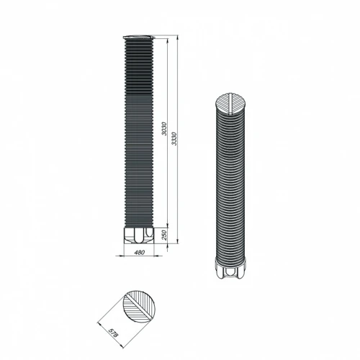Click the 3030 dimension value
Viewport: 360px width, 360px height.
[164, 129]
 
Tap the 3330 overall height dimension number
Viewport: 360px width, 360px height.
[174, 139]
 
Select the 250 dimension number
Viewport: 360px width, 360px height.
[164, 235]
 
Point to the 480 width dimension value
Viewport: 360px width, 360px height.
[140, 252]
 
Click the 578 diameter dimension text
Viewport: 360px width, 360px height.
[113, 333]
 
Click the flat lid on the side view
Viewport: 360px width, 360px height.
[138, 37]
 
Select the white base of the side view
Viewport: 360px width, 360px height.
[139, 235]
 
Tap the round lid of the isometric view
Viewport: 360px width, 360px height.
[230, 104]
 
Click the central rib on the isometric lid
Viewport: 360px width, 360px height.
[230, 104]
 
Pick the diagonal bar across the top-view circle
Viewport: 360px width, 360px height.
[138, 306]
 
